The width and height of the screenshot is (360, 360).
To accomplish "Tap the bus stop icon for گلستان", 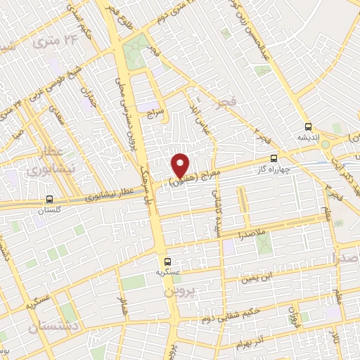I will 49,199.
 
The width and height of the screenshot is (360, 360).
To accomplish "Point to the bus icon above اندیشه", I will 308,127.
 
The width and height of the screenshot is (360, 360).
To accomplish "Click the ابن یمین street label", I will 256,276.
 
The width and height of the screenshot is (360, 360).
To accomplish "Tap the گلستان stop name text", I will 49,210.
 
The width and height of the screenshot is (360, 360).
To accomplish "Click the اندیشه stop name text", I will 308,139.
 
